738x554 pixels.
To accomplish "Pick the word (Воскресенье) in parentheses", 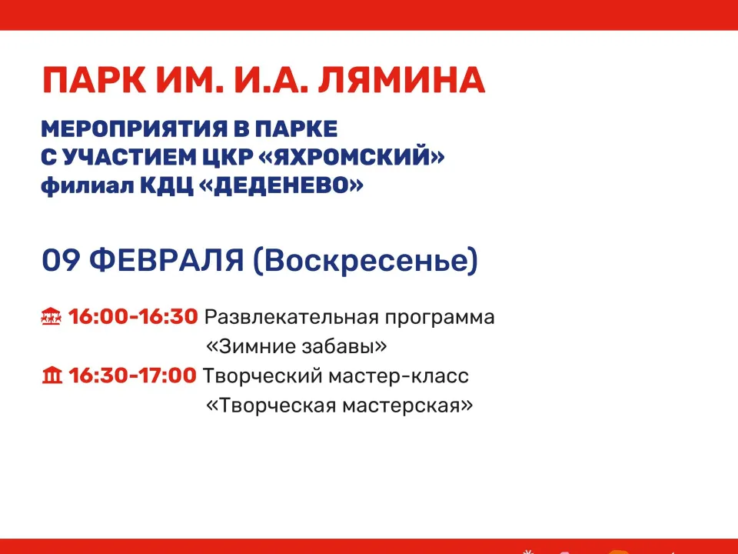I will click(365, 260).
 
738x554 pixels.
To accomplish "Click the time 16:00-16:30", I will click(133, 316).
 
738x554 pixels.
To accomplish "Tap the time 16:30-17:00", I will click(132, 376).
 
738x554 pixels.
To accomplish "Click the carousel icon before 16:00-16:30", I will click(51, 316).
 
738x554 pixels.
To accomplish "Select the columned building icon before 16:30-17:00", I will click(52, 376).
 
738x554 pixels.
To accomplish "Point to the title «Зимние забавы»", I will click(296, 346).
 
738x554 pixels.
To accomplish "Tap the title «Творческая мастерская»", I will click(339, 405).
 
